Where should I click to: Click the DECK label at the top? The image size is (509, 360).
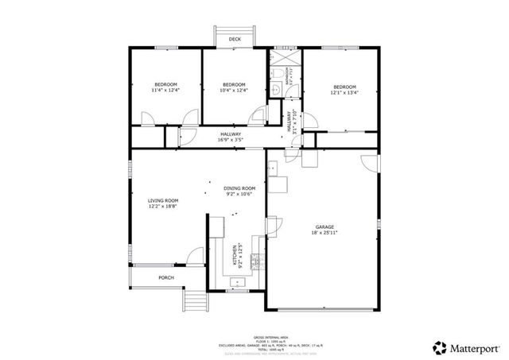(235, 39)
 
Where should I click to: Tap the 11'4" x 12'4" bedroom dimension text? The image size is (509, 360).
(165, 91)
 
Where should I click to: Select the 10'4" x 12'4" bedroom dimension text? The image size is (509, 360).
(234, 91)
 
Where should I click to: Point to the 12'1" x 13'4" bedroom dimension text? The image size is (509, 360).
(344, 92)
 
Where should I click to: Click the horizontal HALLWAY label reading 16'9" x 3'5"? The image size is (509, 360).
(231, 137)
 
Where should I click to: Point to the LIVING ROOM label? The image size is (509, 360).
(163, 203)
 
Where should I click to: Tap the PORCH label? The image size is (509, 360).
(165, 277)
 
